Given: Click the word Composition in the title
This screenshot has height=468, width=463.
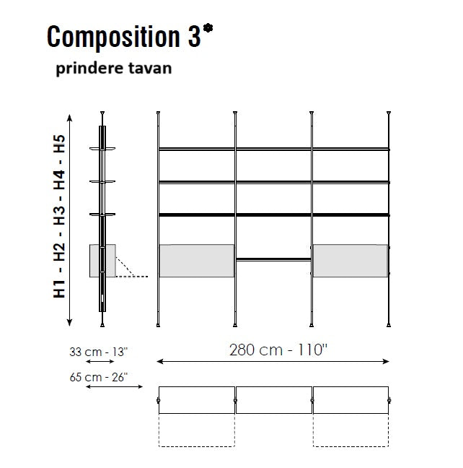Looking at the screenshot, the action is (113, 37).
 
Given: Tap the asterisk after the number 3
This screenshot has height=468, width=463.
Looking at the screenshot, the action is (208, 29).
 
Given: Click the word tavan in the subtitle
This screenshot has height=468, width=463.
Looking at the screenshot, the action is (150, 68).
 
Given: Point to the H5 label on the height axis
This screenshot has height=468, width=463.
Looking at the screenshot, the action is (59, 144).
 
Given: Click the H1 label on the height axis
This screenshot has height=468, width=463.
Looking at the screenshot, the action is (59, 289).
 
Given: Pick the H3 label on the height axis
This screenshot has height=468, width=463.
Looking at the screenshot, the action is (59, 215).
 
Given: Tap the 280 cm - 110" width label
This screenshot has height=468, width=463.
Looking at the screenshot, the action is (278, 350).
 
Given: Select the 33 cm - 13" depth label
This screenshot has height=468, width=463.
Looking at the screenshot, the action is (98, 352).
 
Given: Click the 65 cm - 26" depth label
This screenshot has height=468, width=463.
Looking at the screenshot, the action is (98, 377).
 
